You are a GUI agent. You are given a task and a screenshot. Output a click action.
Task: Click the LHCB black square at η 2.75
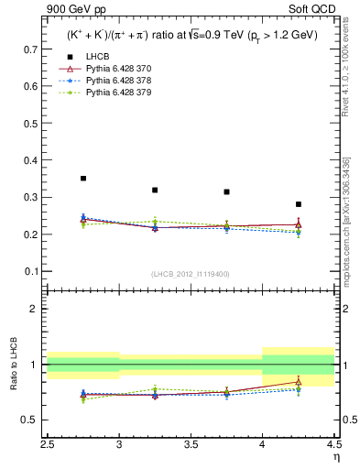[x=83, y=179]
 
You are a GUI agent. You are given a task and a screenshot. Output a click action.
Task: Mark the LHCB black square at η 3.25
[x=155, y=190]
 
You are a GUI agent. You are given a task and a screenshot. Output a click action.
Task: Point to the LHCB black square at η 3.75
[x=226, y=191]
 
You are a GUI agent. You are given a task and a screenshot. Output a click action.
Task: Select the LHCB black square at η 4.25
[x=298, y=204]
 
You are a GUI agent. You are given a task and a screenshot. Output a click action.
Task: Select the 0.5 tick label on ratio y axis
[x=31, y=420]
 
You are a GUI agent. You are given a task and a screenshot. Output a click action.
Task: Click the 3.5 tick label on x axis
[x=191, y=443]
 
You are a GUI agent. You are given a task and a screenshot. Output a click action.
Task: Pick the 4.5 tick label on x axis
[x=333, y=443]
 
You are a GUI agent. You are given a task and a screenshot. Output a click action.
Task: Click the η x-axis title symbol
[x=336, y=455]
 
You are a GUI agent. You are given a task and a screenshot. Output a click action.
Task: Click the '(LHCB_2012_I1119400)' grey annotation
[x=191, y=274]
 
